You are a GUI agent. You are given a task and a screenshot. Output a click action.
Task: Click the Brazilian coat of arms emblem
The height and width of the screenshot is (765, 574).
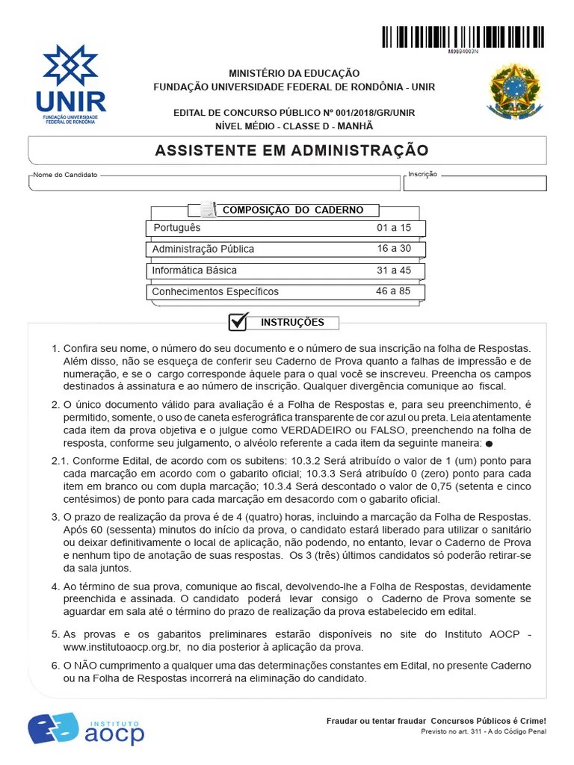513,92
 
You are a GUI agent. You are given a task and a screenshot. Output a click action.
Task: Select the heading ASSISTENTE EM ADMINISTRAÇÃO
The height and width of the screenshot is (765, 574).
291,151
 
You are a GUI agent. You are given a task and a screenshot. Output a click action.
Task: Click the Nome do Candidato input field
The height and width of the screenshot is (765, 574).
214,183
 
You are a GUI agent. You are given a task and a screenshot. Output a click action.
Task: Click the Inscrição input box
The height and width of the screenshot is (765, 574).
475,183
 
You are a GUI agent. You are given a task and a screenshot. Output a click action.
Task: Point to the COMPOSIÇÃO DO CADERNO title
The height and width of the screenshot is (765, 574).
293,210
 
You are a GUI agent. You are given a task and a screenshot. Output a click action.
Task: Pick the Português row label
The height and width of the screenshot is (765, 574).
177,228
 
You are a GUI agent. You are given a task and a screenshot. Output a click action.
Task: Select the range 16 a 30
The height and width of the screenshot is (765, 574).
394,249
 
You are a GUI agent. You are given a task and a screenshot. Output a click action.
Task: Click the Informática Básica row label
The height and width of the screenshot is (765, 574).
194,270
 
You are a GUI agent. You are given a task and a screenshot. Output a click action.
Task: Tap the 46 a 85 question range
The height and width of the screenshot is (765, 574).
393,291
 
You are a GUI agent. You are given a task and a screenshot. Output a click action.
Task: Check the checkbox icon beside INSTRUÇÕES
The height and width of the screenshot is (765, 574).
238,322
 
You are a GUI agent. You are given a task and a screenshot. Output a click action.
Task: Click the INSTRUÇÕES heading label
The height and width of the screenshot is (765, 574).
292,323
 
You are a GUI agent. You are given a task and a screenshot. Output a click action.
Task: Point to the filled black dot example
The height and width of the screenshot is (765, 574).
489,444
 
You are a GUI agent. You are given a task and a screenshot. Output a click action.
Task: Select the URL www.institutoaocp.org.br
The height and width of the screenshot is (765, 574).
122,647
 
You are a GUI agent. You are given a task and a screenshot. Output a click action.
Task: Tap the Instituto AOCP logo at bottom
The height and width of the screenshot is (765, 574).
86,728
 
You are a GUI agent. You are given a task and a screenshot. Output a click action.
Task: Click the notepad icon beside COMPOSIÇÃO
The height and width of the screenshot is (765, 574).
208,210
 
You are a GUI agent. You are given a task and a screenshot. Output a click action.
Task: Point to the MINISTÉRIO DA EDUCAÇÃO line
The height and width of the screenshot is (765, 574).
294,73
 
